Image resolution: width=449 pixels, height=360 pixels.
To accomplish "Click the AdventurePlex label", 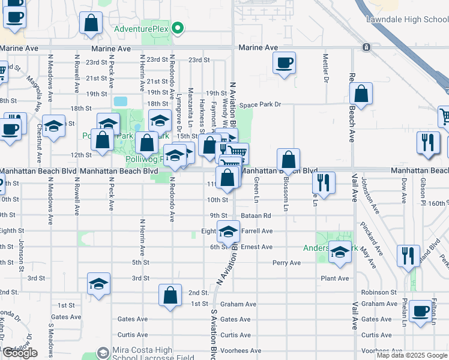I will pos(141,28).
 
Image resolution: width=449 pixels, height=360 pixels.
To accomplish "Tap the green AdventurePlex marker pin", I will pos(178,28).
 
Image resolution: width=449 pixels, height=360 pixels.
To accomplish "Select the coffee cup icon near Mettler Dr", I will pos(284,63).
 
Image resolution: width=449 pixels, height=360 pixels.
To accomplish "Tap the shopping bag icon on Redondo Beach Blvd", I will pos(360,94).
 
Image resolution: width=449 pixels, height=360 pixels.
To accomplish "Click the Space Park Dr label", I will pos(260,105).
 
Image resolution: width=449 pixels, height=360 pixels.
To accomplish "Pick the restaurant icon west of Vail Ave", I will pos(324,182).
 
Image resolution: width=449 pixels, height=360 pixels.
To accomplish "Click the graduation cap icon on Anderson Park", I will pos(340,252).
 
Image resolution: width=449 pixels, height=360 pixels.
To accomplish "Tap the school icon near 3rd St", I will pos(99,283).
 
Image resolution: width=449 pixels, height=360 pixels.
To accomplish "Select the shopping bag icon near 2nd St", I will pos(170,295).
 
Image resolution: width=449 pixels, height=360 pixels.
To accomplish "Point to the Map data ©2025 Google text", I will pos(412,355).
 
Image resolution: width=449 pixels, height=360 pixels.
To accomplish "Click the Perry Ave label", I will pos(286,263).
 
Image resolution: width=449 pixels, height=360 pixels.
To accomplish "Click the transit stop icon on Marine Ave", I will pos(365,47).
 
